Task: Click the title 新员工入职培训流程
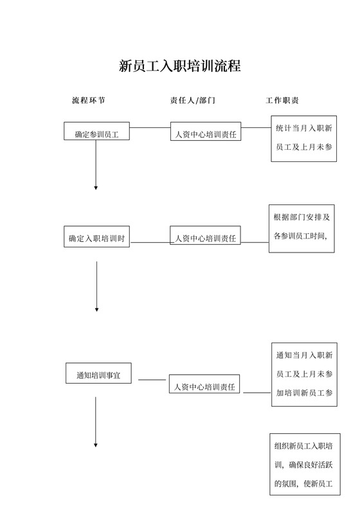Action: [x=180, y=66]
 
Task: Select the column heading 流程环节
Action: [x=88, y=101]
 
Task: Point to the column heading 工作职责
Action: [x=281, y=101]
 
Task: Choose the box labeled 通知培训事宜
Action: [x=98, y=373]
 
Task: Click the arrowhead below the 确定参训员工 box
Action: [x=96, y=187]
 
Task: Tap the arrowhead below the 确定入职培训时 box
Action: [x=96, y=310]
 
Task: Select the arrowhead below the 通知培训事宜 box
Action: [x=96, y=444]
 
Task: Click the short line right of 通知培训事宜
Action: [x=152, y=380]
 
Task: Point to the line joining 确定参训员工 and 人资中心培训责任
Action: [x=149, y=128]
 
